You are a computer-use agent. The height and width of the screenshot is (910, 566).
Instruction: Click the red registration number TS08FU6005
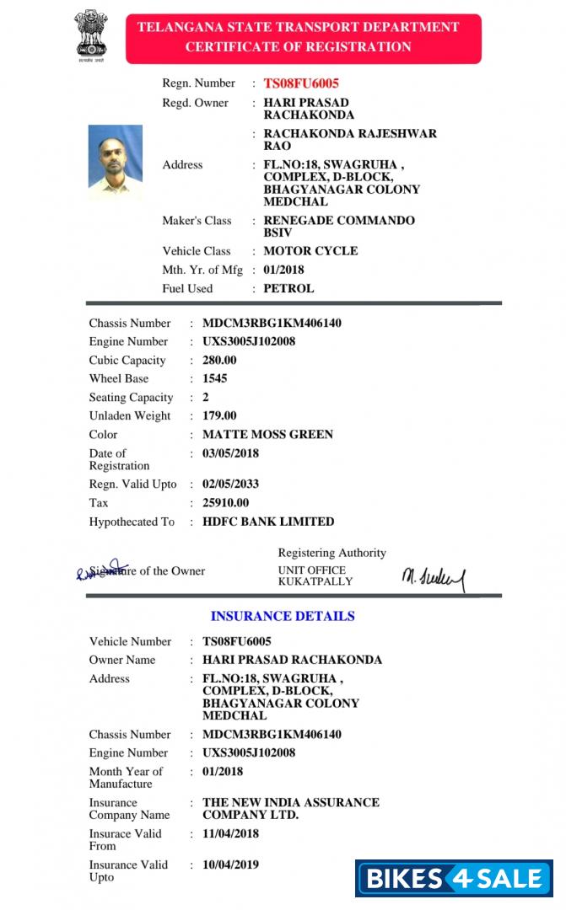coord(301,83)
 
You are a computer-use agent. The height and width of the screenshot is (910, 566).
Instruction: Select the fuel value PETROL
coord(288,288)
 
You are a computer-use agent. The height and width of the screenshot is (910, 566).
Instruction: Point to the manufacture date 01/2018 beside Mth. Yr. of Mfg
coord(283,270)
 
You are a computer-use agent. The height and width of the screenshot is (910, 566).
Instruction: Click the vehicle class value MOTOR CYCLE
coord(310,251)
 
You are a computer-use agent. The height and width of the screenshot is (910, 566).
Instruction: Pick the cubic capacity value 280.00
coord(219,361)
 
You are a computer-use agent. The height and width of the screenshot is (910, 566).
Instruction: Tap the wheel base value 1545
coord(215,379)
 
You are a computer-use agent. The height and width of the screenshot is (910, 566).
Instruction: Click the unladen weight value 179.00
coord(219,416)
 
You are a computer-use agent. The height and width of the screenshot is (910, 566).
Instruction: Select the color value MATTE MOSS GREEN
coord(267,435)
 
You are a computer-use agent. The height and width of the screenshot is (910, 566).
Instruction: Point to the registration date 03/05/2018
coord(230,453)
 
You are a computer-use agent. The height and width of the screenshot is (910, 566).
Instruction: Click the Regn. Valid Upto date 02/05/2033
coord(230,484)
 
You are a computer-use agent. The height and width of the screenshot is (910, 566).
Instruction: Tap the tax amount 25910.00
coord(226,503)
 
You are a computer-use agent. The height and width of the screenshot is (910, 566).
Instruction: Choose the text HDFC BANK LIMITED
coord(268,522)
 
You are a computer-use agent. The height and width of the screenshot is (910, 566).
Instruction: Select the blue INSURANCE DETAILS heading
coord(283,616)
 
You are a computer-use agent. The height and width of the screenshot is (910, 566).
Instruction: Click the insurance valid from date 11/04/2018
coord(230,834)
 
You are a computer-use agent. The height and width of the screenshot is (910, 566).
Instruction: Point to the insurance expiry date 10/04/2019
coord(230,864)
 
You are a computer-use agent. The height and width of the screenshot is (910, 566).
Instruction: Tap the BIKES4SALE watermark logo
coord(454,878)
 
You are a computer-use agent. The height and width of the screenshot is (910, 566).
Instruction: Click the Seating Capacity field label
coord(131,398)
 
